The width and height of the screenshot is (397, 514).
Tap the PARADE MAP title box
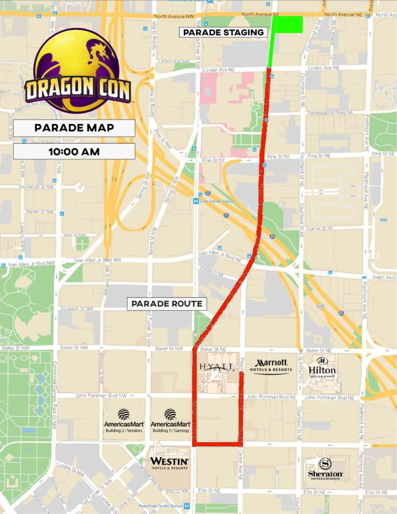point(74,127)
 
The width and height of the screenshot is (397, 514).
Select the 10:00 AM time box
point(74,151)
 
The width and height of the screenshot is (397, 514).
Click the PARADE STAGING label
point(223,33)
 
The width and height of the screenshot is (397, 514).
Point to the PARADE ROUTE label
point(167,304)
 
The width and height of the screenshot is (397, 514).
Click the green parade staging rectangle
point(287,25)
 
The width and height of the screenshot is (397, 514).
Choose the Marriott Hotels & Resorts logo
point(272,366)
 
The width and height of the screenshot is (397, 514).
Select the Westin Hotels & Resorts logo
point(169,463)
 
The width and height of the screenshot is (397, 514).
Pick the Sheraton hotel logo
point(325,469)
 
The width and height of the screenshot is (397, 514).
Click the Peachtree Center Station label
point(161,506)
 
